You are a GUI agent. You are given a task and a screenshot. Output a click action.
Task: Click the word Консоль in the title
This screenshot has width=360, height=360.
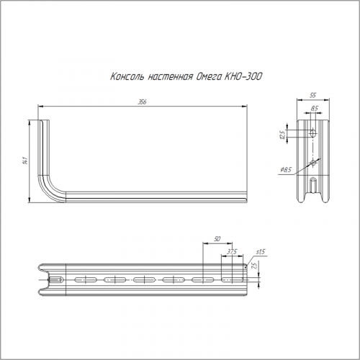[127, 76]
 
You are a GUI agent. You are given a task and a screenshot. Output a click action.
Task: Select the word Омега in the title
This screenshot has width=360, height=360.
[209, 77]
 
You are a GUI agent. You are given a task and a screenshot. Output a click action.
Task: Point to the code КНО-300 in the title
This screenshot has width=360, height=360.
[243, 76]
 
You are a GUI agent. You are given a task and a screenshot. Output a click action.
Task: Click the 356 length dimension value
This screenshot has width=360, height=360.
[142, 102]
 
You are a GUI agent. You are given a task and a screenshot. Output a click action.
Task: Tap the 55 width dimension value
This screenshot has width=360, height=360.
[312, 95]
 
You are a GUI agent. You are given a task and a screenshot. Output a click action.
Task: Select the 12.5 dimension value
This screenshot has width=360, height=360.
[283, 135]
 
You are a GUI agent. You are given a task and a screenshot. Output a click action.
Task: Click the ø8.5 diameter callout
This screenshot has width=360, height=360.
[286, 170]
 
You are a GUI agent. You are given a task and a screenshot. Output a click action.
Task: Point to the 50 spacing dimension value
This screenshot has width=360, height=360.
[217, 239]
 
